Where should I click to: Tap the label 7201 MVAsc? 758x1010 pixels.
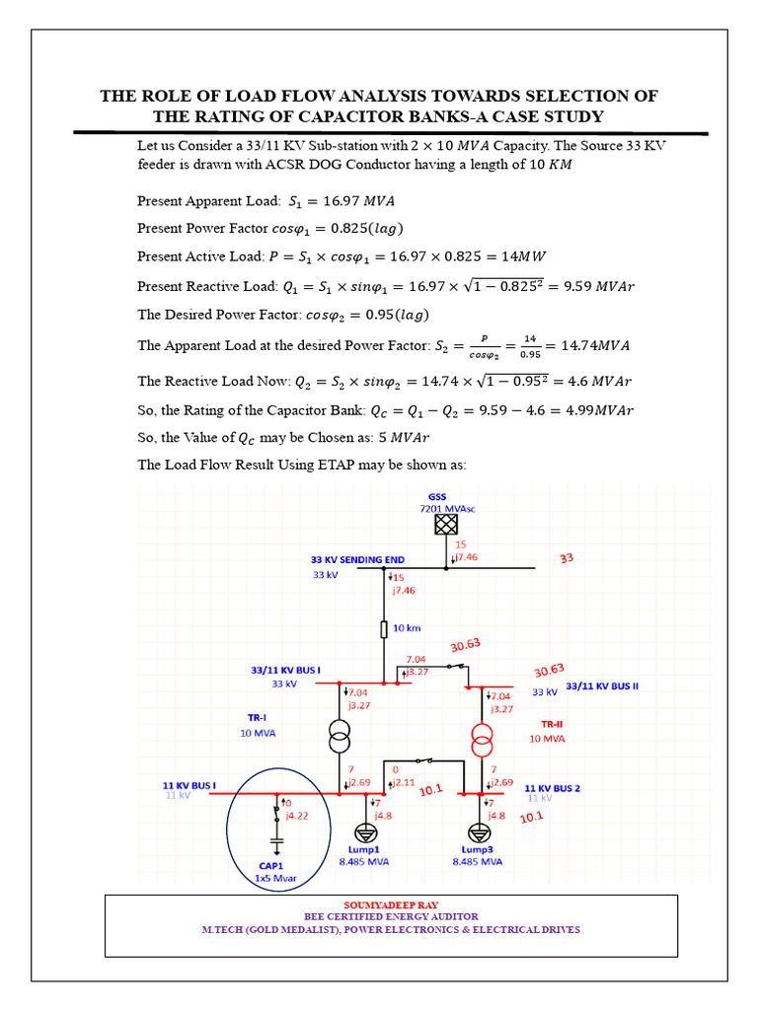pyautogui.click(x=448, y=508)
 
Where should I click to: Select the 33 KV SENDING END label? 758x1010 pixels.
pyautogui.click(x=357, y=559)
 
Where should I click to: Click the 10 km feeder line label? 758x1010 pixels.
pyautogui.click(x=407, y=627)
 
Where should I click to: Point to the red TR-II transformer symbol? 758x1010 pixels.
pyautogui.click(x=482, y=737)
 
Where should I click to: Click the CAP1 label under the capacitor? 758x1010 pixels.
pyautogui.click(x=272, y=865)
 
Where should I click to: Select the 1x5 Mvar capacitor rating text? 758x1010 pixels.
pyautogui.click(x=277, y=877)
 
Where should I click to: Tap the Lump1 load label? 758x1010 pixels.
pyautogui.click(x=363, y=848)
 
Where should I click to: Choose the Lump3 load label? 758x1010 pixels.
pyautogui.click(x=477, y=848)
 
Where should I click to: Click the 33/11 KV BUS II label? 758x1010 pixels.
pyautogui.click(x=602, y=685)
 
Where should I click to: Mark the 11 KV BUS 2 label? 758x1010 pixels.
pyautogui.click(x=553, y=788)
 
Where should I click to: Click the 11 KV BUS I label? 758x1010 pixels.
pyautogui.click(x=189, y=785)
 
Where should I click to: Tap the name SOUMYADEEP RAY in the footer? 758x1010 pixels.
pyautogui.click(x=378, y=903)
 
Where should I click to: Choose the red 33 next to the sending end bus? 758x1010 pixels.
pyautogui.click(x=567, y=557)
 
